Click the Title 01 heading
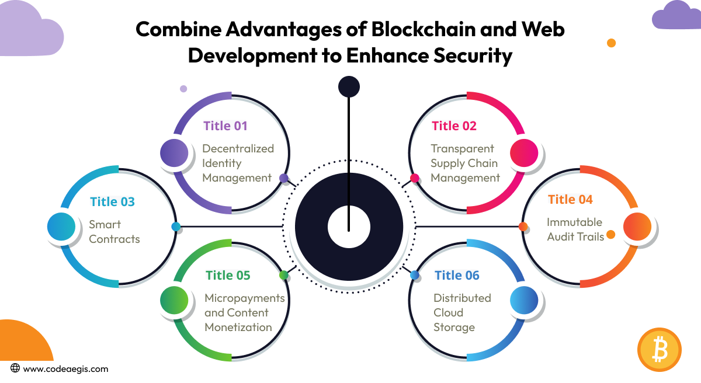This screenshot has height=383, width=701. click(x=225, y=126)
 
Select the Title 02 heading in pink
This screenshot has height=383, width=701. click(x=454, y=126)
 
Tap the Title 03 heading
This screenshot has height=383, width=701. click(x=112, y=202)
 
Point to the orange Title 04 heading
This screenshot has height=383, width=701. click(x=570, y=200)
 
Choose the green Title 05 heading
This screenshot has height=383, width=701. click(x=228, y=275)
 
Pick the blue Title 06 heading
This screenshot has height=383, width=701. click(x=457, y=275)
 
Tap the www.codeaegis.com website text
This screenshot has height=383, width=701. click(x=65, y=369)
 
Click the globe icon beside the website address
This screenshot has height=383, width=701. click(x=15, y=368)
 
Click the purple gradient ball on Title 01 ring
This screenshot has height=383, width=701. click(x=174, y=154)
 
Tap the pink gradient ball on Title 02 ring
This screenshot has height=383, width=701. click(x=524, y=154)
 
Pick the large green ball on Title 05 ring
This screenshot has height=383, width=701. click(x=174, y=301)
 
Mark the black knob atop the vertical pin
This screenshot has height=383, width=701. click(x=349, y=87)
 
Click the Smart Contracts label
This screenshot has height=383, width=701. click(x=114, y=232)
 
